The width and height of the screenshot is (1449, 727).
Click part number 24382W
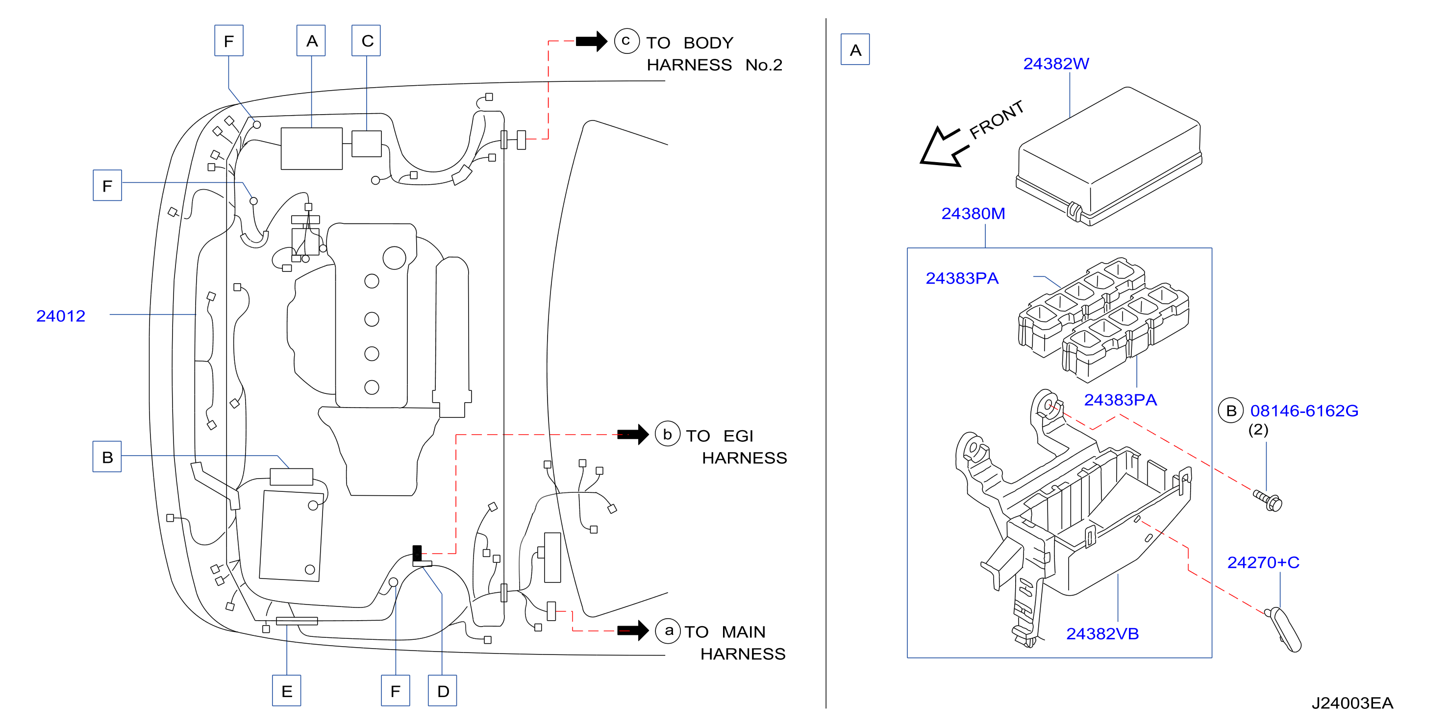point(1056,64)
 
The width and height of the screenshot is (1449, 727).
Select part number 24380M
point(973,214)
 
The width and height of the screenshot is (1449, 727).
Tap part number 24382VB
point(1102,633)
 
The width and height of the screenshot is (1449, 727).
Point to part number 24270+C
point(1263,562)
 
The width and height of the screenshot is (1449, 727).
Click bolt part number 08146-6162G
point(1304,411)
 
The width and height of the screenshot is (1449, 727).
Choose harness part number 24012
point(61,316)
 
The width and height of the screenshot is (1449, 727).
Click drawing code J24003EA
point(1352,703)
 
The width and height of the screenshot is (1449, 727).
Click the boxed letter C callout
point(366,41)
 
